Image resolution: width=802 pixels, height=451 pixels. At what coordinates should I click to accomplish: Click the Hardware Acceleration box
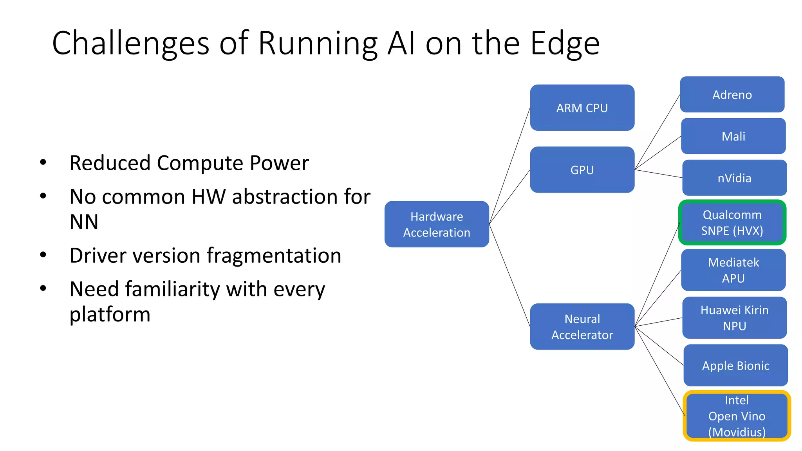pos(437,224)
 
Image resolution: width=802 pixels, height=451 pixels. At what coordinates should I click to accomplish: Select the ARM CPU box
pos(582,108)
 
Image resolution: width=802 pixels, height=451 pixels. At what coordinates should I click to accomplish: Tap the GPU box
pos(582,170)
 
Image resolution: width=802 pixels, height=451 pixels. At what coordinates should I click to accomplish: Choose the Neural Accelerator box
pos(582,327)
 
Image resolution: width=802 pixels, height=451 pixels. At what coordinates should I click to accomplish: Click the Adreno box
pos(732,94)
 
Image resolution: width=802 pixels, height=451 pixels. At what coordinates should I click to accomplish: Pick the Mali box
pos(733,136)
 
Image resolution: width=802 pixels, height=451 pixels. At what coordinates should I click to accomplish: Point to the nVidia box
pos(734,178)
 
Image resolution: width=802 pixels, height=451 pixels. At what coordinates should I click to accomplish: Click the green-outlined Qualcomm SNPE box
pos(732,222)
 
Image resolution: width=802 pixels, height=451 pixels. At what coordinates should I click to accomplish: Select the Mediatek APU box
pos(733,270)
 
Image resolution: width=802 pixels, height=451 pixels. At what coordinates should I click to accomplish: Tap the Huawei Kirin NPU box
pos(734,318)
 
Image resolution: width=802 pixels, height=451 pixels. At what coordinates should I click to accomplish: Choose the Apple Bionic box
pos(735,365)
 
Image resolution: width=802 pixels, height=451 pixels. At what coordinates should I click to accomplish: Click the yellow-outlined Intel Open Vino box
pos(737,416)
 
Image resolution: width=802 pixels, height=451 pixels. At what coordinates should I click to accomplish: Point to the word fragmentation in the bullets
pos(274,256)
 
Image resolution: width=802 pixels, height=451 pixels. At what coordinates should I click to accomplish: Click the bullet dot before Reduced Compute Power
pos(43,162)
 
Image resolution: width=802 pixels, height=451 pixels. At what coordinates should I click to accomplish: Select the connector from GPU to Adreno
pos(657,132)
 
